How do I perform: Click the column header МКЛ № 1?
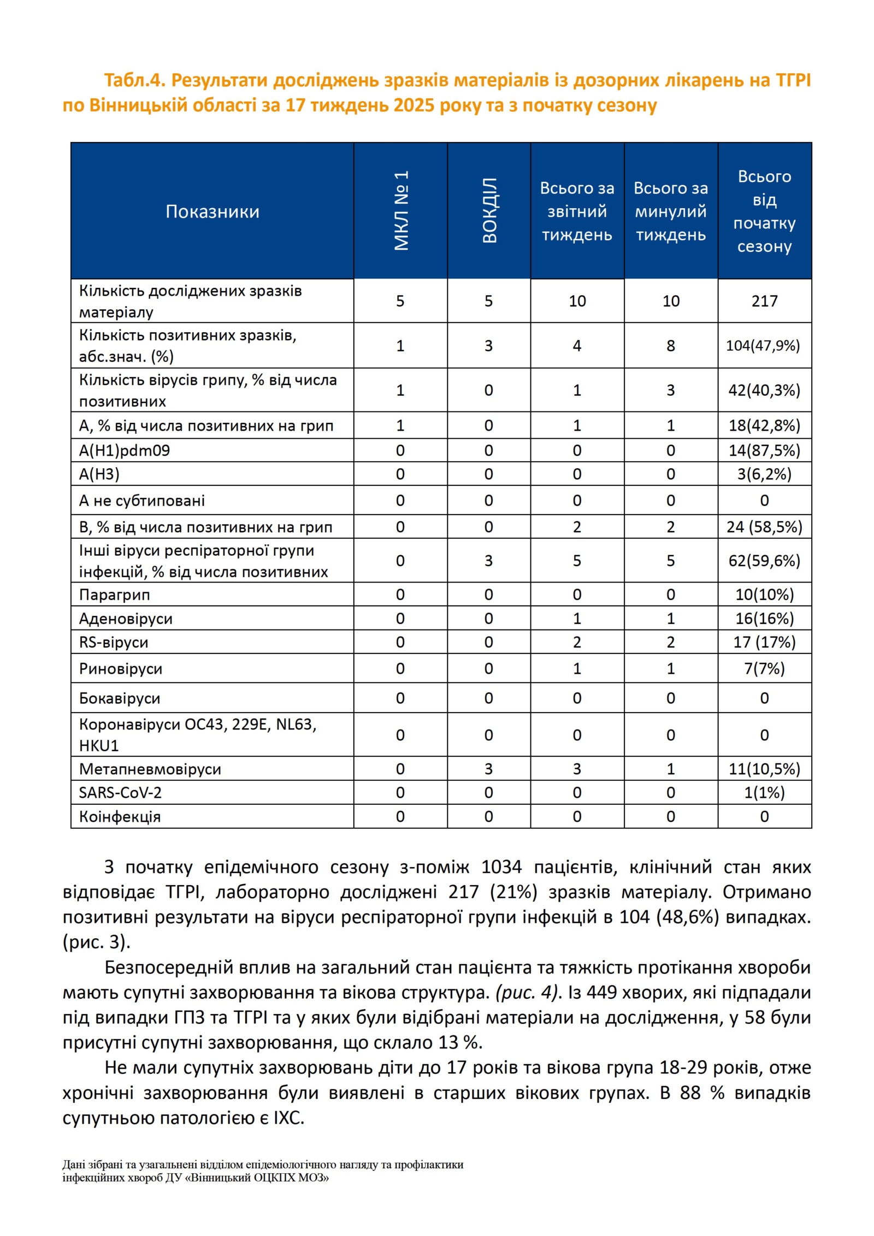[x=401, y=211]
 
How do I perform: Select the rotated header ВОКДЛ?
[x=489, y=211]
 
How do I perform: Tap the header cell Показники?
[x=212, y=211]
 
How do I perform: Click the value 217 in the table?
[x=764, y=301]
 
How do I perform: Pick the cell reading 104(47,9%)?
[x=763, y=345]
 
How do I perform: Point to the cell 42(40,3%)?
[x=764, y=390]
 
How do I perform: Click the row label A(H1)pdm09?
[x=125, y=450]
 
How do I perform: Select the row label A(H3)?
[x=99, y=474]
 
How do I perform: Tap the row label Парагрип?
[x=114, y=595]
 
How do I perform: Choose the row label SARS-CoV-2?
[x=120, y=792]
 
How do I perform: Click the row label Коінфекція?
[x=120, y=816]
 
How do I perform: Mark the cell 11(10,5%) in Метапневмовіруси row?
[x=764, y=769]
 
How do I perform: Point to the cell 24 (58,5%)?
[x=765, y=527]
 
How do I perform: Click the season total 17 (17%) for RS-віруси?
[x=764, y=642]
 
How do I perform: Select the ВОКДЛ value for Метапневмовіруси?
[x=488, y=769]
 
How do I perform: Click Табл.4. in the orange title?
[x=134, y=80]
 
